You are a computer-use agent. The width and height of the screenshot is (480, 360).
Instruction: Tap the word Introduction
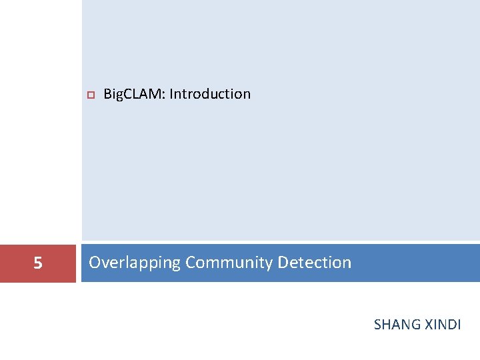click(210, 94)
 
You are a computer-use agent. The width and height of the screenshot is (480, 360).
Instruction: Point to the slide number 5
click(38, 264)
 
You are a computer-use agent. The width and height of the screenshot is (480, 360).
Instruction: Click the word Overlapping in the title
click(134, 263)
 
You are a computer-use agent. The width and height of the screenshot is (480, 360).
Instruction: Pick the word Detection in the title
click(314, 263)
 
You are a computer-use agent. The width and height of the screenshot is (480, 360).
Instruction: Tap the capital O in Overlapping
click(95, 263)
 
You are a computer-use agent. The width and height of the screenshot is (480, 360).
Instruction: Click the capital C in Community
click(190, 263)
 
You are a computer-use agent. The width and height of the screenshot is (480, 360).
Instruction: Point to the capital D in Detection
click(282, 263)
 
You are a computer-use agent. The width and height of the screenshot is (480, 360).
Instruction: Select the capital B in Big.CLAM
click(107, 94)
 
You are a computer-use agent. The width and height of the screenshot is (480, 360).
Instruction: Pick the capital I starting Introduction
click(171, 94)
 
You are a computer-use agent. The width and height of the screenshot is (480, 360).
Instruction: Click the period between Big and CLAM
click(124, 98)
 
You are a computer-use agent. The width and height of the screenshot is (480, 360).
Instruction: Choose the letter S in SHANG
click(377, 325)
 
